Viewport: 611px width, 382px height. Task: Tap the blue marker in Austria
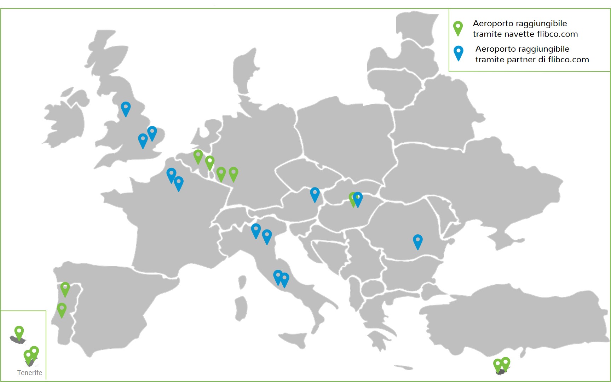coord(315,194)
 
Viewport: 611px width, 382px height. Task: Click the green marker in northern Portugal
coord(65,288)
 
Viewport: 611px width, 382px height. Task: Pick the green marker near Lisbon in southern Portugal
coord(62,309)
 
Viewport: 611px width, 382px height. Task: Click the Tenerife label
coord(30,372)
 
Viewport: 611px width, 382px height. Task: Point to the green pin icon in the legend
coord(458,28)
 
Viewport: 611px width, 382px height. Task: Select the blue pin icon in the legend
coord(459,52)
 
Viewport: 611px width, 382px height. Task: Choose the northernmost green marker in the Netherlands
coord(198,156)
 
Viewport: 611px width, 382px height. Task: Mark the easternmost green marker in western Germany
coord(234,173)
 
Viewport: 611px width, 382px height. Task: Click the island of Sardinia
coord(241,308)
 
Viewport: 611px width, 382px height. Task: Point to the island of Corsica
coord(242,282)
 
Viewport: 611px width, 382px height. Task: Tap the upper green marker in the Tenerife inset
coord(19,332)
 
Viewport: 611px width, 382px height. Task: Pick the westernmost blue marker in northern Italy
coord(256,230)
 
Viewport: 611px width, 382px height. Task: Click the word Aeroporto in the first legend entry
coord(493,23)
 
